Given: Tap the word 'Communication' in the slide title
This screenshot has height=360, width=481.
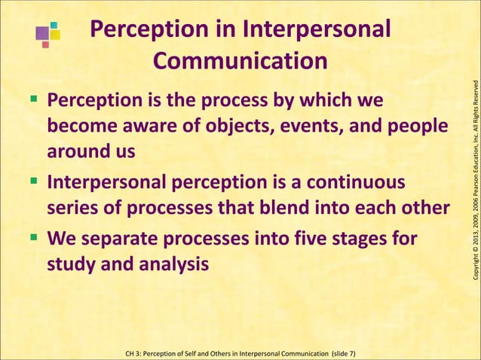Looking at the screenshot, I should tap(240, 60).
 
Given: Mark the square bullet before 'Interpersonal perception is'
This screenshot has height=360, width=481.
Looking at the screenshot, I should tap(36, 182).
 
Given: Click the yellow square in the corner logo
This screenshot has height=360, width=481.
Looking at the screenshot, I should tap(55, 35).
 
